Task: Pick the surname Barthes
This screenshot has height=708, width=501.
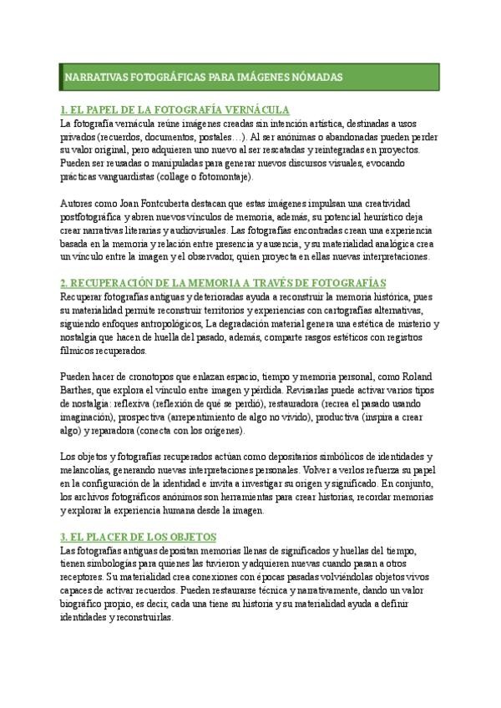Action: point(80,388)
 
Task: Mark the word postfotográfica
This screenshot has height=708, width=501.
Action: point(99,216)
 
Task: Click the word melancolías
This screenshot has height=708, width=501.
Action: point(94,470)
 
